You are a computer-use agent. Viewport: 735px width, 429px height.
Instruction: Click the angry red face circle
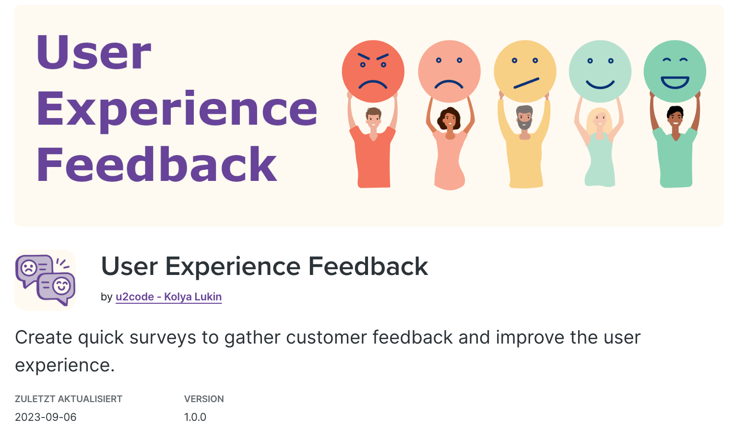[373, 71]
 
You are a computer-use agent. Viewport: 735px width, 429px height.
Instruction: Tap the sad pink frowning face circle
[449, 71]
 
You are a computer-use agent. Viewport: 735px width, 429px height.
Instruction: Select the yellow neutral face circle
[525, 71]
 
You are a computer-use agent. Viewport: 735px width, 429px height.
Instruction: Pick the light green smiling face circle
[600, 71]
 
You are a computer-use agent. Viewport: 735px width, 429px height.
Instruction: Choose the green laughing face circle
[675, 71]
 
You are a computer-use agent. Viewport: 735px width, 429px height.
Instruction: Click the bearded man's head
[524, 117]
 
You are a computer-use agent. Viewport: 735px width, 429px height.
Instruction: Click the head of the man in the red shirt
[373, 118]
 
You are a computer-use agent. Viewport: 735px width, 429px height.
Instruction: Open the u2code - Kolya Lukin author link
[169, 297]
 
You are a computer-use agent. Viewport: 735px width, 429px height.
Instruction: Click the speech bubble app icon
[45, 280]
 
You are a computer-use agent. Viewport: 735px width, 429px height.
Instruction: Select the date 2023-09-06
[46, 417]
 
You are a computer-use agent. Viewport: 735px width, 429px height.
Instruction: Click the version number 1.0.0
[195, 417]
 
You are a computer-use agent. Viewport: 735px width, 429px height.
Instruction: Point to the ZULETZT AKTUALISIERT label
[69, 399]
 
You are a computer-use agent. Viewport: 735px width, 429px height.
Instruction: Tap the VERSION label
[204, 399]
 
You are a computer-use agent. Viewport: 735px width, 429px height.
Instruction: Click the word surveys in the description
[163, 338]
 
